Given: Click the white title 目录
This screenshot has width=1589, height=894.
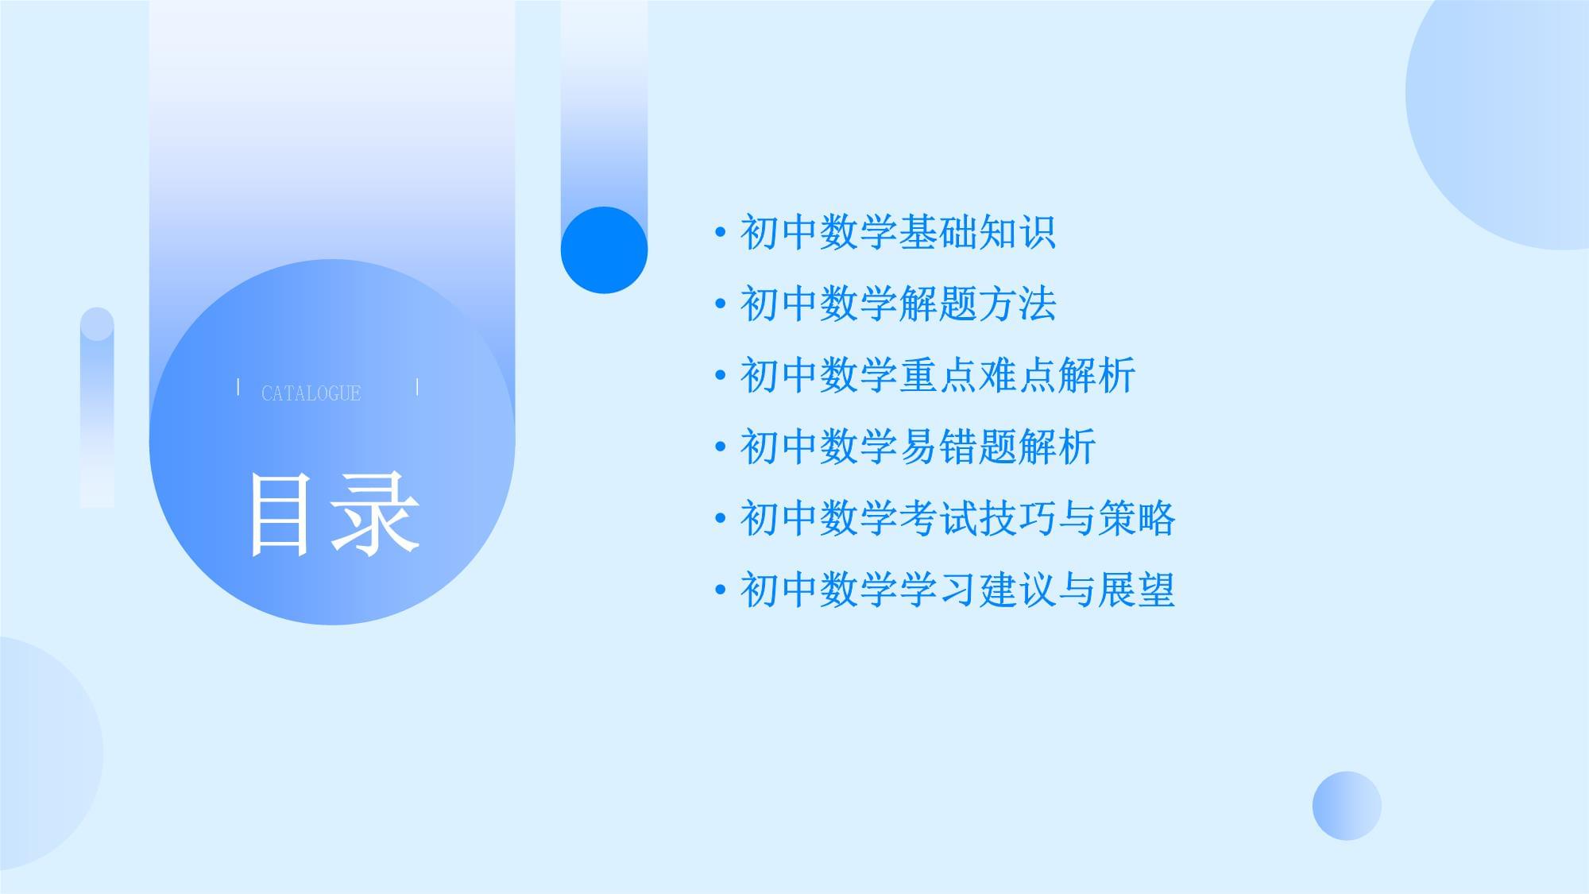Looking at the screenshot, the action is coord(334,513).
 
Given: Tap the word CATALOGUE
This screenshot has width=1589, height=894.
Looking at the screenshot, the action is coord(311,393).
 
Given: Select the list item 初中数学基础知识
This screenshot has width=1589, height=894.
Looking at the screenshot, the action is coord(898,232).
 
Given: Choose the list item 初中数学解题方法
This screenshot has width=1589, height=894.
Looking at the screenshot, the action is coord(898,304).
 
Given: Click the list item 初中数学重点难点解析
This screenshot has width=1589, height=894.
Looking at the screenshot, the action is coord(938,375).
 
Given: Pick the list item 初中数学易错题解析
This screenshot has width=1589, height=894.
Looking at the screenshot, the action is coord(918,447).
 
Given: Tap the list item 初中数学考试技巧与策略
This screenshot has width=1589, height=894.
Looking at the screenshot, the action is coord(957,518).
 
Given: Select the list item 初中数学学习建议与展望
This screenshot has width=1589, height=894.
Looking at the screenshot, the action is coord(957,590).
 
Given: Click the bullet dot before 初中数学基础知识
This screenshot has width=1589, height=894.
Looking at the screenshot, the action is coord(721,233).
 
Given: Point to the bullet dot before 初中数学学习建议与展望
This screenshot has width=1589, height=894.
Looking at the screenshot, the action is coord(721,590).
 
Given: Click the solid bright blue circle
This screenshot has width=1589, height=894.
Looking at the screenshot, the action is coord(604,250).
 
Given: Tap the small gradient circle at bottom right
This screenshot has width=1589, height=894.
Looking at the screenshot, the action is coord(1347,806).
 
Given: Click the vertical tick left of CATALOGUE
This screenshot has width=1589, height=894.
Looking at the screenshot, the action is coord(238,387).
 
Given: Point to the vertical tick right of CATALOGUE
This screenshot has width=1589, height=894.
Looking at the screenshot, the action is coord(417,387).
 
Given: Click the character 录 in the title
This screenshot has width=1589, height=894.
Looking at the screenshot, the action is coord(377,513).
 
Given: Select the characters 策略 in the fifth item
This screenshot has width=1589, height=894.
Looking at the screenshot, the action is coord(1136,518).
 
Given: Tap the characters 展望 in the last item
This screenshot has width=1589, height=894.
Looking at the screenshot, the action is coord(1136,590).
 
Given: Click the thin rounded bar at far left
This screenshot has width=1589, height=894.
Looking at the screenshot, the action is coord(97,408).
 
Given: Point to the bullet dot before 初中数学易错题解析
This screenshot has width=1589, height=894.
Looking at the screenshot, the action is coord(721,447).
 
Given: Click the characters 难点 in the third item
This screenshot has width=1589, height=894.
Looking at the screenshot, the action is coord(1017,375).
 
